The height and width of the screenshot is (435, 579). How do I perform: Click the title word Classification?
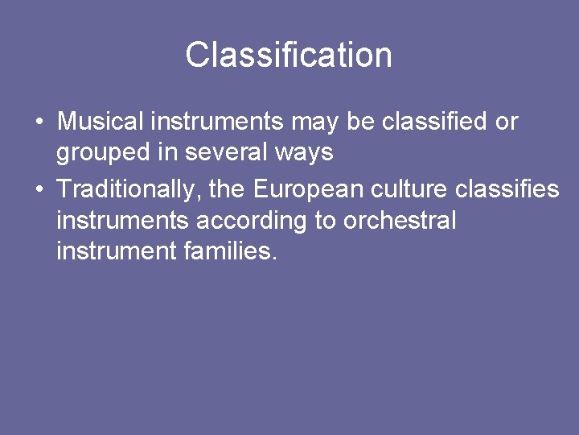point(289,56)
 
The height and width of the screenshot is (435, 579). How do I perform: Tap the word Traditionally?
point(129,188)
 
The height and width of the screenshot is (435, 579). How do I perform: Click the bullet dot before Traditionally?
point(39,189)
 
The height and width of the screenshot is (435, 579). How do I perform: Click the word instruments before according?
point(123,220)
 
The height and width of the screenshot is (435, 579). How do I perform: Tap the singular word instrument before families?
point(116,251)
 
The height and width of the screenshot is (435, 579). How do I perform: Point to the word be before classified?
point(362,122)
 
